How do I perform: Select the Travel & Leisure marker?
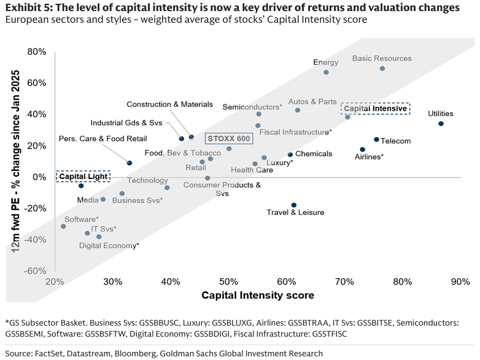click(x=294, y=205)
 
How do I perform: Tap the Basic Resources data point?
click(x=382, y=68)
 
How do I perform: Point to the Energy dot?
click(x=326, y=72)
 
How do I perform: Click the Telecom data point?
click(x=376, y=139)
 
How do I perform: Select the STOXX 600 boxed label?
click(x=228, y=139)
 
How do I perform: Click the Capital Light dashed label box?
click(x=83, y=176)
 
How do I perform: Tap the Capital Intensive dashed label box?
click(x=375, y=108)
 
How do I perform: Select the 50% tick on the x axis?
click(x=228, y=281)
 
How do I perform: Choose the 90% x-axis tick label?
click(x=460, y=281)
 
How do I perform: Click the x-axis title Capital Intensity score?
click(x=258, y=295)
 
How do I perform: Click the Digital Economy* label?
click(x=109, y=246)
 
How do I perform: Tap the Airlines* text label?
click(x=369, y=157)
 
